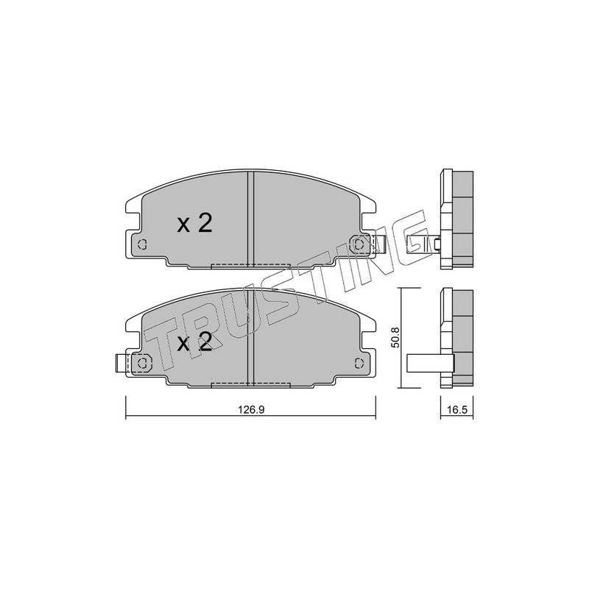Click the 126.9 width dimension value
[x=251, y=409]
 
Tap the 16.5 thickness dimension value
[x=456, y=409]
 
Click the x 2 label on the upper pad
[x=194, y=223]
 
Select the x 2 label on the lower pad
[x=194, y=342]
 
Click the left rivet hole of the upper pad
[x=142, y=244]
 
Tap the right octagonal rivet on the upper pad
[x=359, y=244]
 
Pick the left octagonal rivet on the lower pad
[x=142, y=364]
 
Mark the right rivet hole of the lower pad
[x=359, y=364]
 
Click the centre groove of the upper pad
[x=251, y=219]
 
